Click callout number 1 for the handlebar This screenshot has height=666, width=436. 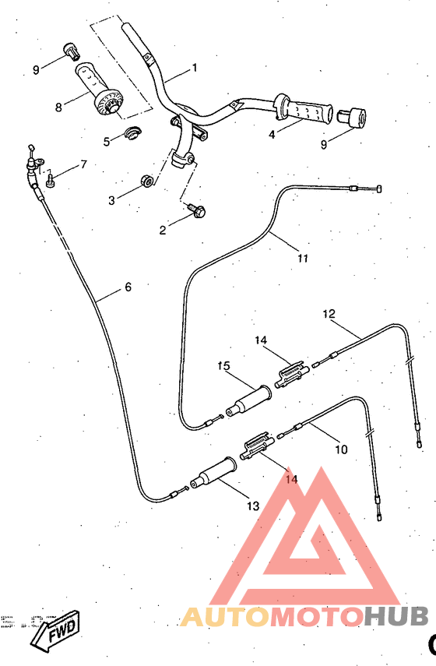[194, 68]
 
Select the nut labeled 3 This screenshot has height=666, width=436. [145, 183]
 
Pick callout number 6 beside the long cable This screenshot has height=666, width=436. [128, 287]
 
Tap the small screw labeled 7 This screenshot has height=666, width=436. [49, 180]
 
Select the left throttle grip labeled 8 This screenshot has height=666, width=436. [97, 89]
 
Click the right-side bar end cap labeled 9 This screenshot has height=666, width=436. [357, 118]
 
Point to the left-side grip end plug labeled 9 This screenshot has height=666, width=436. [72, 51]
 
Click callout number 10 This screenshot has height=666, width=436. [341, 449]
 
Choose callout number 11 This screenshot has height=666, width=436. [303, 258]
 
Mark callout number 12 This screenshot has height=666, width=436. [329, 314]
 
